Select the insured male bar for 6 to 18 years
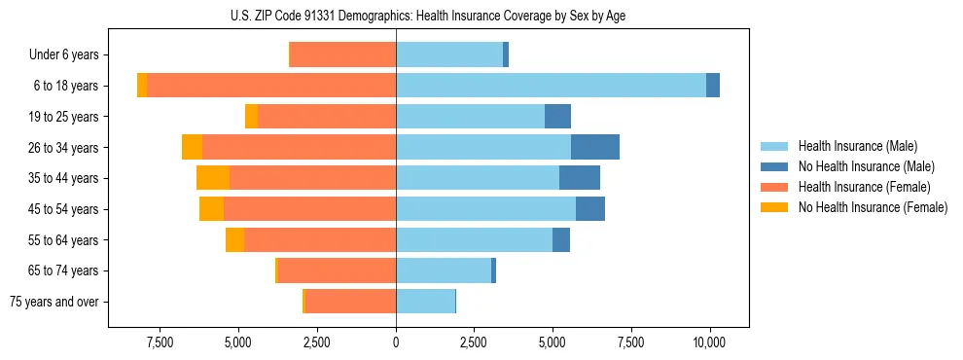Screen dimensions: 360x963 (x=551, y=86)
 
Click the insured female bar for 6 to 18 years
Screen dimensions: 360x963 (x=271, y=86)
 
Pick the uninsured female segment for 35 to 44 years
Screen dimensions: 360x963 (x=213, y=178)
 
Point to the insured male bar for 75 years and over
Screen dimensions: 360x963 (x=425, y=302)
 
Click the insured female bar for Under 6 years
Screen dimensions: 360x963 (x=343, y=55)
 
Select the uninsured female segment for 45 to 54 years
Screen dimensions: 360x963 (x=211, y=209)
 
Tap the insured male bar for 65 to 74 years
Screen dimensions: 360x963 (x=444, y=270)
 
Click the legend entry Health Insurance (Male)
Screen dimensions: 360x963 (x=857, y=146)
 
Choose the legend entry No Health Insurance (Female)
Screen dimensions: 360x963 (x=873, y=207)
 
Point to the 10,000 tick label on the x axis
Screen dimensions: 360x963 (x=709, y=342)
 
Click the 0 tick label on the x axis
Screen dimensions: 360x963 (x=396, y=342)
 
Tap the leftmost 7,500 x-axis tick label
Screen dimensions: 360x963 (x=160, y=342)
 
